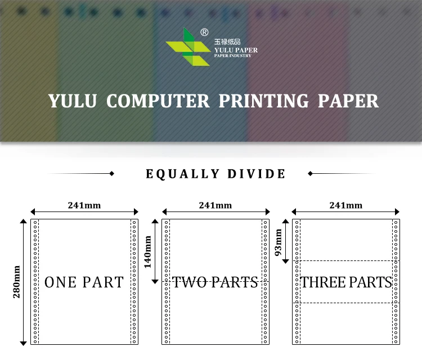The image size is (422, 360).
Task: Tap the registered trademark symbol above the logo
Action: click(204, 33)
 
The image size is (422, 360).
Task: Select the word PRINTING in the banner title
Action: click(263, 101)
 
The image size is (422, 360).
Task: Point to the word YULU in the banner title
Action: click(73, 101)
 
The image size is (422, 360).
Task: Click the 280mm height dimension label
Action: click(17, 281)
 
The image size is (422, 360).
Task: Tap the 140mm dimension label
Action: click(148, 251)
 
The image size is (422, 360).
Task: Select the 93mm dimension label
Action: click(278, 243)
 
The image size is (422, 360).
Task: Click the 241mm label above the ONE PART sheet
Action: click(84, 205)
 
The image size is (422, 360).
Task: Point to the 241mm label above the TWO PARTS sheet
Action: click(215, 205)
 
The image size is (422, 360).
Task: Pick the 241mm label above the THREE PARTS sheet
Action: click(345, 205)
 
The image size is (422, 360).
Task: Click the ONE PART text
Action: click(84, 282)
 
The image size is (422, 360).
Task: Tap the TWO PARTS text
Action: click(215, 282)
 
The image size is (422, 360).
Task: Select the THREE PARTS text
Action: click(346, 282)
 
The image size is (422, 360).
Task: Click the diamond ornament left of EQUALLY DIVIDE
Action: click(111, 174)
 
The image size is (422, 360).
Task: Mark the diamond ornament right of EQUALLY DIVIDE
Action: click(311, 174)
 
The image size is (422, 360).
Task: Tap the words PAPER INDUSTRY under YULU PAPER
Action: click(232, 55)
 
